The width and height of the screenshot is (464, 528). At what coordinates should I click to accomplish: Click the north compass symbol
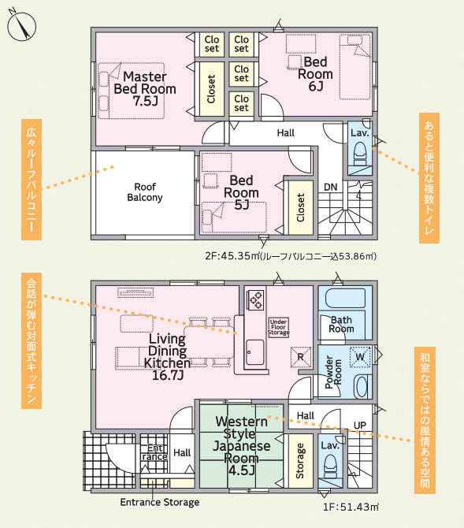21,25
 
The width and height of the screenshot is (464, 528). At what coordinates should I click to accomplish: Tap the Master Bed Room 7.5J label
145,89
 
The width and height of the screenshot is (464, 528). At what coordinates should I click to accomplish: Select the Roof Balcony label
145,192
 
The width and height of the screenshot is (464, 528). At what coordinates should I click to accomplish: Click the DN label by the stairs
330,188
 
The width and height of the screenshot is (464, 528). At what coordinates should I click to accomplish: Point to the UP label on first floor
359,426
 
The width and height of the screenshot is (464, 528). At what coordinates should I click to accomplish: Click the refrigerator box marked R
300,357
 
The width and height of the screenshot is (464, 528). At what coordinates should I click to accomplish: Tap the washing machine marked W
360,357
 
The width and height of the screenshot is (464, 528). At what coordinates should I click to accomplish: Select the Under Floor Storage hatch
278,327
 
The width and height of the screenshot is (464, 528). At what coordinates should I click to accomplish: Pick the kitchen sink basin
255,352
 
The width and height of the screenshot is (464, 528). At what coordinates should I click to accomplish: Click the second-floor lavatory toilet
360,154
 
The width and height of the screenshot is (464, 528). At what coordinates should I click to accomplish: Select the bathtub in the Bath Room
345,299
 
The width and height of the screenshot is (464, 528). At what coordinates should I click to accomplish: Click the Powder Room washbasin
362,387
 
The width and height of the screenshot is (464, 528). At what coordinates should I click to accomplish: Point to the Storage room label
300,461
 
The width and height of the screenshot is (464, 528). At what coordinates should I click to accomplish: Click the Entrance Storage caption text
160,503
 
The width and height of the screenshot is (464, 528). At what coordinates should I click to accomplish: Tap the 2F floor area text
291,256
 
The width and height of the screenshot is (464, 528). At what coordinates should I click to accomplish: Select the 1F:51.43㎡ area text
351,507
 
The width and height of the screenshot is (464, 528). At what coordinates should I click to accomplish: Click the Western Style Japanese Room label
241,445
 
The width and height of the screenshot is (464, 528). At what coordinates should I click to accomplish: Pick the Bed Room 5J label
241,192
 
